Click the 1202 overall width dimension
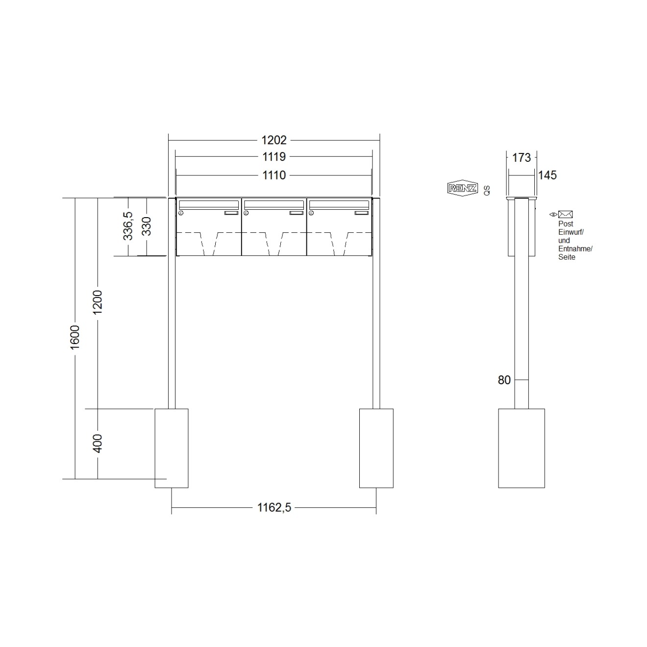274,140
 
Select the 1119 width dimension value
274,157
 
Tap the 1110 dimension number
274,175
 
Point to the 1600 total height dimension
75,337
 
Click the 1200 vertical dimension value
98,302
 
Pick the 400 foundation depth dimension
98,443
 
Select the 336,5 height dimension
128,226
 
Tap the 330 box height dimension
147,226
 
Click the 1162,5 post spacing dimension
274,508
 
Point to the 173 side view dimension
521,157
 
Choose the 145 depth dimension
547,175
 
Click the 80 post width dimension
504,380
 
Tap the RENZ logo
462,188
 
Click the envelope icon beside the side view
565,214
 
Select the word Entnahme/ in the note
575,249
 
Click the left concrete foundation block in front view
172,448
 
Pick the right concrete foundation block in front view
376,448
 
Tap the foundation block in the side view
521,448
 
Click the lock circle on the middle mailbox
246,213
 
